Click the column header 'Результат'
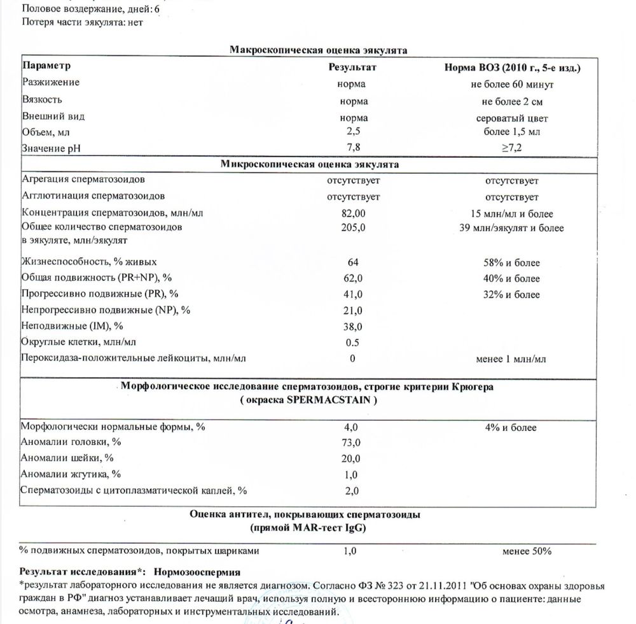(353, 67)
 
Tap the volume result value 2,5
(353, 132)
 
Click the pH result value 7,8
(353, 148)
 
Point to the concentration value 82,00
(354, 213)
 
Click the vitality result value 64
(354, 262)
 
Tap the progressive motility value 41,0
(354, 294)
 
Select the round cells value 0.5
(354, 342)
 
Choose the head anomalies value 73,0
(354, 443)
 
